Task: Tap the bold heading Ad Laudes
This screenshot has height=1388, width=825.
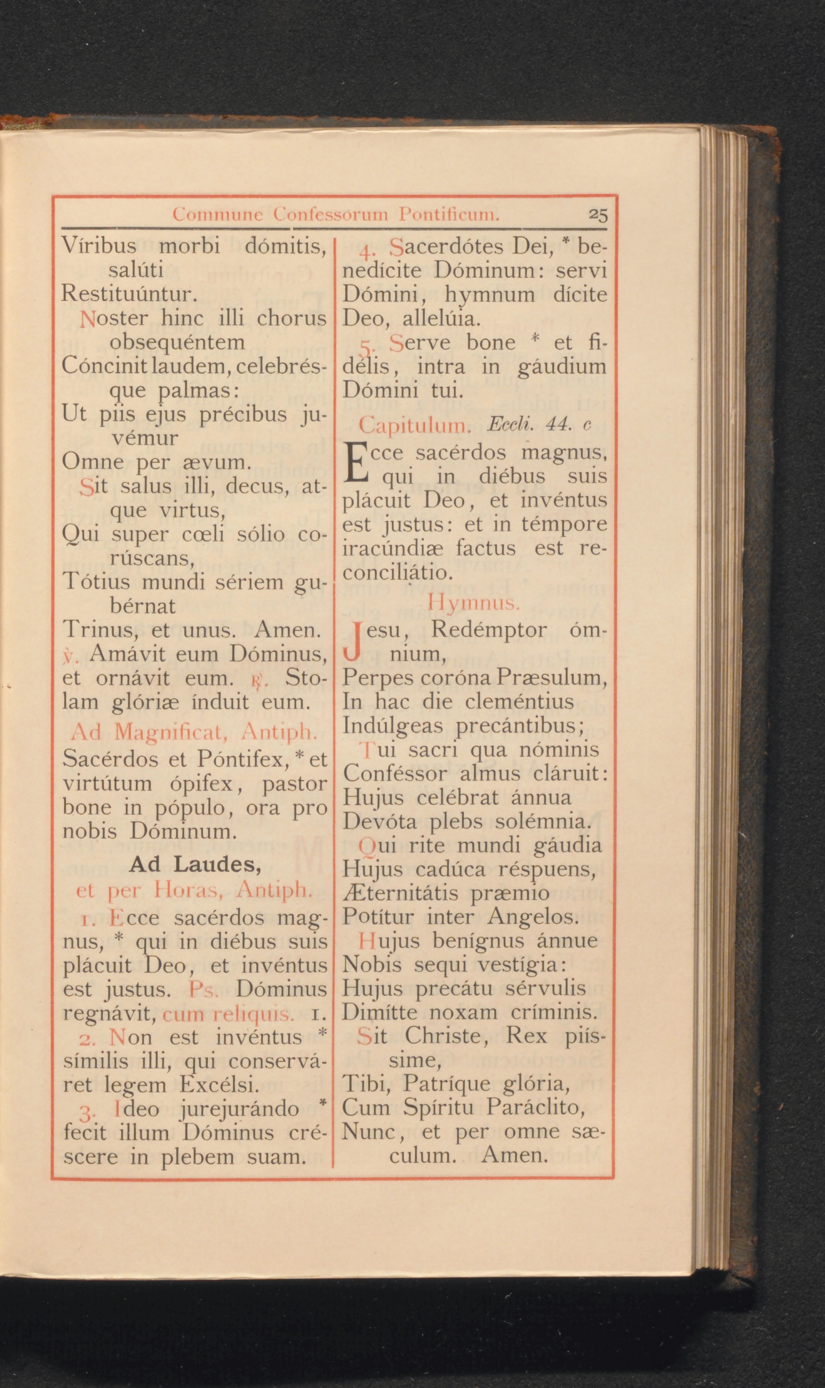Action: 195,864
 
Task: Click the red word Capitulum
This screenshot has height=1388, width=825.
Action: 415,426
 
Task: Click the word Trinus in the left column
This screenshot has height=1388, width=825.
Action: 99,630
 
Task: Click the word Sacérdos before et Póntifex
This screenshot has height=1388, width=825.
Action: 111,759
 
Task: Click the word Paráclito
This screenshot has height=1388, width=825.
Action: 535,1107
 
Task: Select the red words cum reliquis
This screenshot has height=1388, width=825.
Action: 228,1014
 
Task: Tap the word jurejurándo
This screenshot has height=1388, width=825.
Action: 240,1108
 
